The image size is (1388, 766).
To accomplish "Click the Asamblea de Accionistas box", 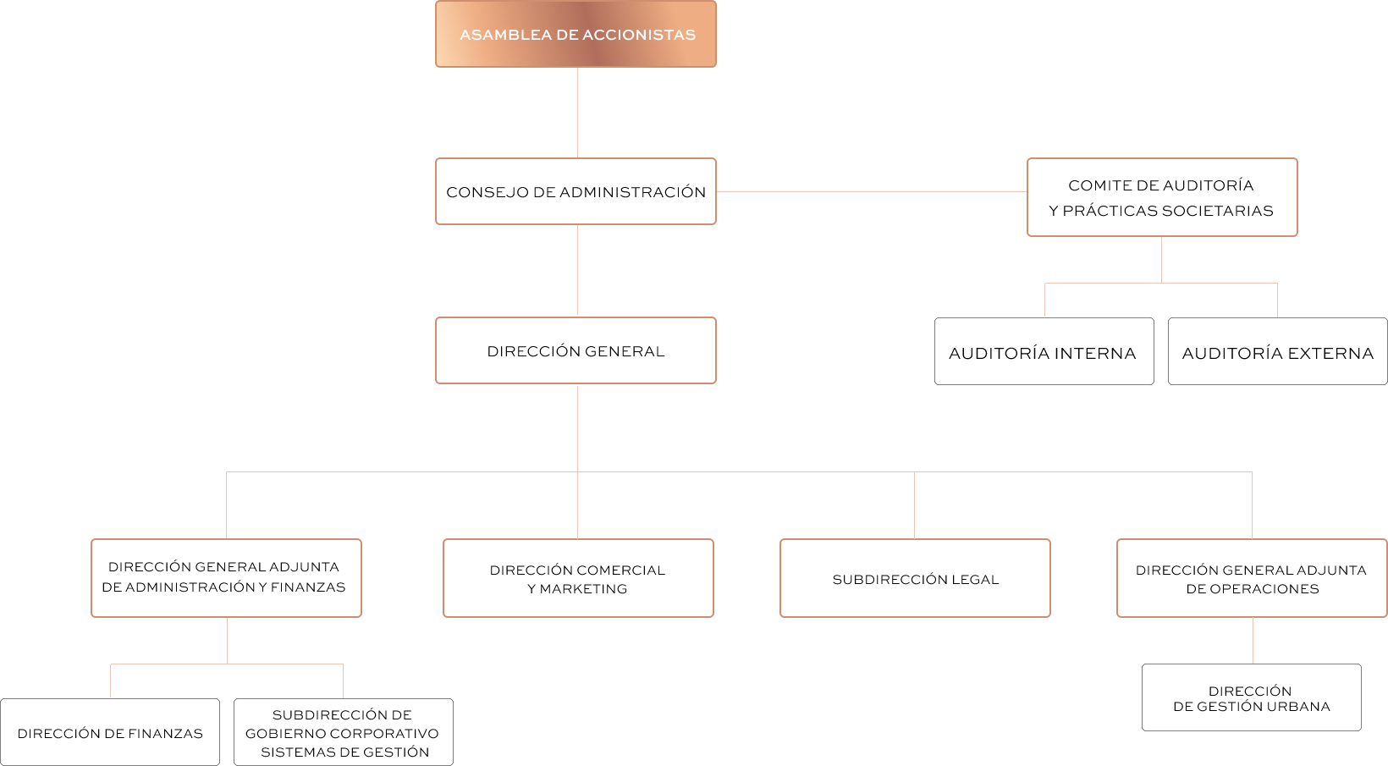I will point(576,34).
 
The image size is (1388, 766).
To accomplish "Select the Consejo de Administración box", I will point(576,191).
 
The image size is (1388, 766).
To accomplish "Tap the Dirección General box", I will point(576,350).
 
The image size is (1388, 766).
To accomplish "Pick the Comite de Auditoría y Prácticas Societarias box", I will point(1161,197).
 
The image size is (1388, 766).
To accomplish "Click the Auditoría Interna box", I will point(1044,352).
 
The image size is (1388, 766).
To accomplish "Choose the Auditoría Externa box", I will point(1277,352).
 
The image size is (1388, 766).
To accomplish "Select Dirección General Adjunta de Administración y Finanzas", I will point(226,577).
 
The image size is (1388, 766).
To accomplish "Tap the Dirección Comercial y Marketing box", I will point(578,578).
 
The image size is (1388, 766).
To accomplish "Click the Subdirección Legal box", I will point(915,578).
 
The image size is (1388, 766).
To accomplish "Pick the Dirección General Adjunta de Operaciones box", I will point(1252,578).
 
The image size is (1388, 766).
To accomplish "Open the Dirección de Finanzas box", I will point(110,732).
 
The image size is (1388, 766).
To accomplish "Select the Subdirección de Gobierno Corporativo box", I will point(343,732).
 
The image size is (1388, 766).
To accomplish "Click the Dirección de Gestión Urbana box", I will point(1251,697).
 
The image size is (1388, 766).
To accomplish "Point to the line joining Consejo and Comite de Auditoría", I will point(872,192).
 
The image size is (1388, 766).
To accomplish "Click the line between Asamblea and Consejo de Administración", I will point(577,113).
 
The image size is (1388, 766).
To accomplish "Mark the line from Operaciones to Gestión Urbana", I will point(1253,641).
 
